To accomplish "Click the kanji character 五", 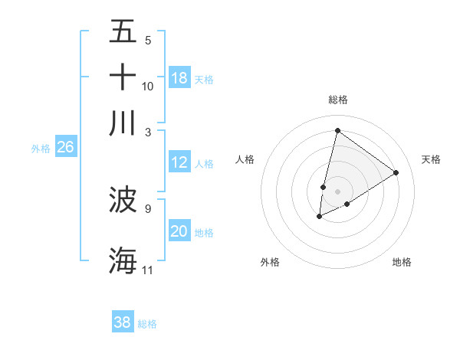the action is point(123,33).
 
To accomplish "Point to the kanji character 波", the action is point(123,200).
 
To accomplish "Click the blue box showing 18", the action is point(179,78).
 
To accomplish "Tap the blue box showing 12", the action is point(179,162).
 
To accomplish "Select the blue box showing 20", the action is point(179,231).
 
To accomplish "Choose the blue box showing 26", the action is point(65,148).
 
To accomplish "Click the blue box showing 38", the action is point(123,322).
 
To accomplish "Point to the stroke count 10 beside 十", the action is point(148,87).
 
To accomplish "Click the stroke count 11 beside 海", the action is point(148,270).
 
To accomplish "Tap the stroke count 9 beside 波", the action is point(148,208).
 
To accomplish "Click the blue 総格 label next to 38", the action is point(147,324).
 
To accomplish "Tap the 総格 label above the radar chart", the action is point(338,100).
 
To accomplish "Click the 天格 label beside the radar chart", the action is point(431,159).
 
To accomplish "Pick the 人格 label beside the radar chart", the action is point(245,159).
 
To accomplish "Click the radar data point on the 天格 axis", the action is point(396,172).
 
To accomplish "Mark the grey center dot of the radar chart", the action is point(338,191).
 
